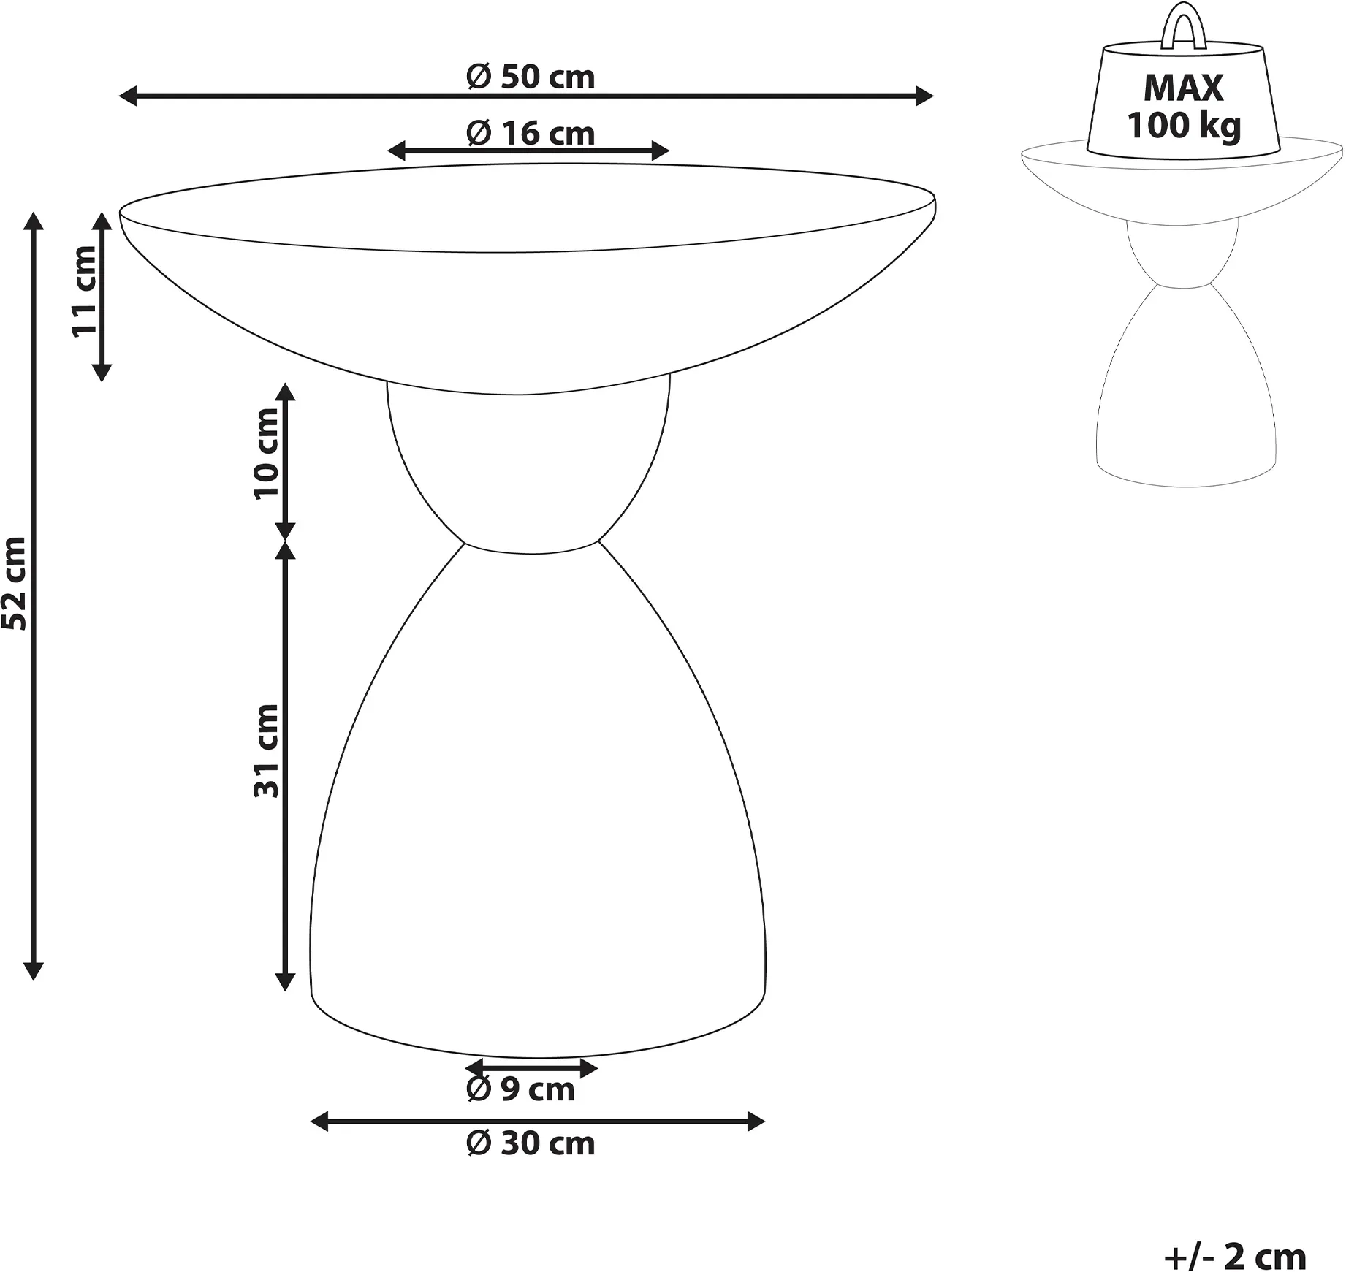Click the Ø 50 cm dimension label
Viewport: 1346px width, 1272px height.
[x=531, y=77]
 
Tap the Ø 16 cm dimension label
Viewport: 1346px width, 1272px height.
[x=531, y=134]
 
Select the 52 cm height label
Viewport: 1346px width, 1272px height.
[x=15, y=583]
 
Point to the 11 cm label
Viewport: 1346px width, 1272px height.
[x=85, y=292]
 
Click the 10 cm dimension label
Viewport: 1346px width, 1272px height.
[x=267, y=454]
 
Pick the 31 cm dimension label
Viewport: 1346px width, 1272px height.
[x=267, y=750]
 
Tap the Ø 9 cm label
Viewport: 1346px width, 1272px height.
[x=520, y=1089]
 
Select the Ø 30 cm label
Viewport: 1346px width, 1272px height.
[x=531, y=1143]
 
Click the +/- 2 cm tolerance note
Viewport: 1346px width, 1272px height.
[x=1235, y=1257]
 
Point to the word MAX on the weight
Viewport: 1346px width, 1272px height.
[x=1183, y=88]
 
